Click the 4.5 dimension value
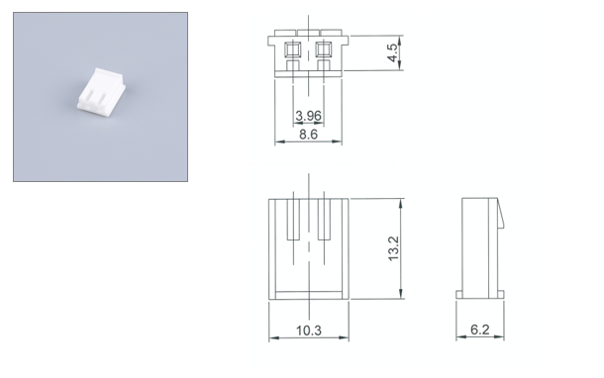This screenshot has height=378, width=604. click(x=392, y=52)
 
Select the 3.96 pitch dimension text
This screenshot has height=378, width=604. click(x=308, y=116)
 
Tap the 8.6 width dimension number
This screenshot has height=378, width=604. click(x=308, y=135)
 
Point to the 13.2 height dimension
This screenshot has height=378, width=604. click(x=393, y=248)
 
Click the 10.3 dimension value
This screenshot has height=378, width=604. click(x=309, y=331)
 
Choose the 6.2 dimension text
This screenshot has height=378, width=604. click(x=480, y=330)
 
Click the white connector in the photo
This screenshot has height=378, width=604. click(x=101, y=89)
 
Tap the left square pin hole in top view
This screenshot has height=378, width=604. click(x=293, y=49)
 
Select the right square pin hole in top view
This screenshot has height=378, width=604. click(x=324, y=49)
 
